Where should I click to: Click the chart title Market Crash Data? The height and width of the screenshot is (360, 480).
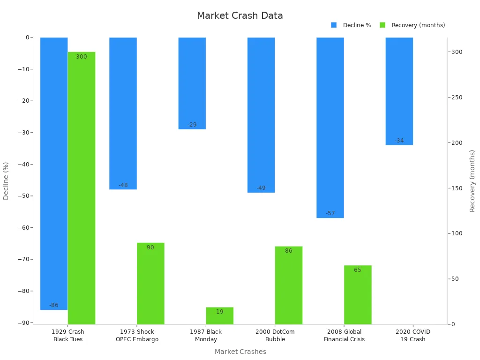click(x=240, y=15)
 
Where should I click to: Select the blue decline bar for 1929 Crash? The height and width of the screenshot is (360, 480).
click(x=54, y=173)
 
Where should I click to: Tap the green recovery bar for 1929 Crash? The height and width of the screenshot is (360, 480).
click(x=82, y=187)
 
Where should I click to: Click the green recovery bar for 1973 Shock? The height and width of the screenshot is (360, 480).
click(x=150, y=284)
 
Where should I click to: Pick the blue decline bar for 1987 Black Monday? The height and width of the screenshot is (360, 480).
click(x=192, y=83)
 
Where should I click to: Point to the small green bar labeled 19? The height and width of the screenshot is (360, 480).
click(x=219, y=316)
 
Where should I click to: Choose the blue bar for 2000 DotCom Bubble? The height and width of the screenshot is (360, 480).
click(x=261, y=115)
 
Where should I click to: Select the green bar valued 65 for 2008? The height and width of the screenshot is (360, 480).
click(x=358, y=295)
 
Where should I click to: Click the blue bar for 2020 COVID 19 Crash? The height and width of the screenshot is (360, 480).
click(x=399, y=91)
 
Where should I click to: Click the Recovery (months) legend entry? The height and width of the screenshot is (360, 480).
click(x=412, y=25)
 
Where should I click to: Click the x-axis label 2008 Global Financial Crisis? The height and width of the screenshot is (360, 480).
click(x=344, y=336)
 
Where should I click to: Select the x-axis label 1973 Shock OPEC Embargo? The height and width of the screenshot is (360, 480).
click(x=137, y=336)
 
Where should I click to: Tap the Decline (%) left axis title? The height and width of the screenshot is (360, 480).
click(x=6, y=181)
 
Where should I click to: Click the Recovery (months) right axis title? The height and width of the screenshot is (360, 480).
click(x=472, y=181)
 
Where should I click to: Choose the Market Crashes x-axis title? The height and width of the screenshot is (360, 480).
click(x=240, y=352)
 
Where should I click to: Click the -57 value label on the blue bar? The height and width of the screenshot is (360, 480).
click(x=330, y=213)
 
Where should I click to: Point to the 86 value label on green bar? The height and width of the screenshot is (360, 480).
click(x=288, y=251)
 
